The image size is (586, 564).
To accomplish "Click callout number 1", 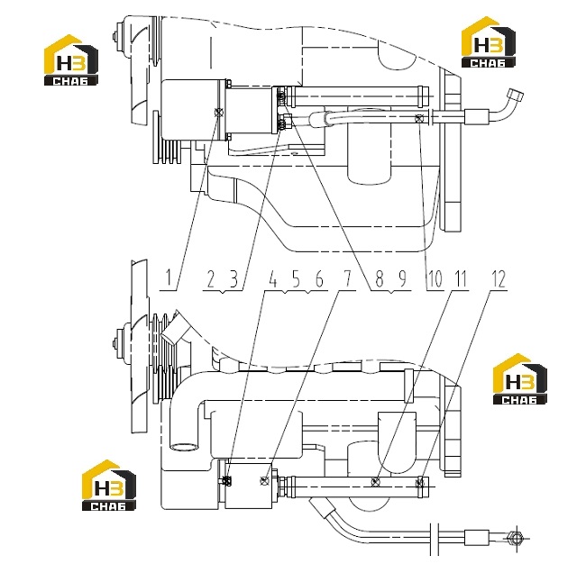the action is [169, 278].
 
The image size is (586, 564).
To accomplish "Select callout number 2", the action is [211, 278].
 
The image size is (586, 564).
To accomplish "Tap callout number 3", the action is [233, 278].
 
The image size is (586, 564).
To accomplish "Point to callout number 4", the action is [273, 278].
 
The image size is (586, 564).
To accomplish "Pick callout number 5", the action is [296, 278].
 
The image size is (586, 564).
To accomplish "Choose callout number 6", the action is [319, 278].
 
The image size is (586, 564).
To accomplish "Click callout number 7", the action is [347, 278].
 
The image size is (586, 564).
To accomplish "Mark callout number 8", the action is [380, 278].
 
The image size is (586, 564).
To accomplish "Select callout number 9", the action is [402, 278].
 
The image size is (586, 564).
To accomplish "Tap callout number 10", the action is [435, 278].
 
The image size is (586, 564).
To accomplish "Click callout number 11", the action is [461, 278].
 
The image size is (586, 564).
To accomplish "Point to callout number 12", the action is [499, 278].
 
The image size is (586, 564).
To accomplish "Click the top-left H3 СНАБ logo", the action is [71, 60].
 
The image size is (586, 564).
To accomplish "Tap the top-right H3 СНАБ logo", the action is [489, 41].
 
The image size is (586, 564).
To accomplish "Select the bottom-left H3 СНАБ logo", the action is [109, 486].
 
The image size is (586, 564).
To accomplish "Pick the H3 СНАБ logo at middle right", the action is [520, 378].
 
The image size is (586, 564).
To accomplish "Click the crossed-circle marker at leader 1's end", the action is [219, 113].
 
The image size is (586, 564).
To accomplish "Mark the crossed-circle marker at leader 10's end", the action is [420, 118].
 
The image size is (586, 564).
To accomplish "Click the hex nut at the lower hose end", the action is [516, 539].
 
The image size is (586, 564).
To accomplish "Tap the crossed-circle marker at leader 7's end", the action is [264, 480].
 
